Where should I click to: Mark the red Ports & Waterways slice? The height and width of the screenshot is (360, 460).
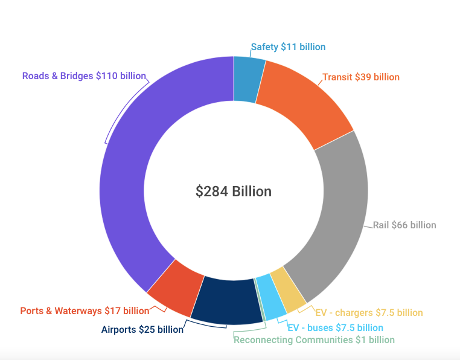(x=176, y=286)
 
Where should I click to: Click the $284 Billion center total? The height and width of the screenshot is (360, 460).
(x=233, y=191)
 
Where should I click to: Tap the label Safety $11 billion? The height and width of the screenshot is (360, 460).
(x=288, y=47)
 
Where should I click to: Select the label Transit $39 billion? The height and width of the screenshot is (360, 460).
(x=360, y=77)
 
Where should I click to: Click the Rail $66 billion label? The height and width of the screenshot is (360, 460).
(x=404, y=225)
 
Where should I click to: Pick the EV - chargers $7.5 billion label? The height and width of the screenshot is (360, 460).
(x=369, y=313)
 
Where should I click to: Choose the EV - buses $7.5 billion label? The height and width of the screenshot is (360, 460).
(x=335, y=328)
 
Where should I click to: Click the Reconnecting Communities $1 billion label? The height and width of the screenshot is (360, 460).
(x=314, y=340)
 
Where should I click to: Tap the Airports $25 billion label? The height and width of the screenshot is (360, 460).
(x=142, y=330)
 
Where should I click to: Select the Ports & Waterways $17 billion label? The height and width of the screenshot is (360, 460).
(x=85, y=311)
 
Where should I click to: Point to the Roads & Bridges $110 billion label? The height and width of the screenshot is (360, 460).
(x=84, y=76)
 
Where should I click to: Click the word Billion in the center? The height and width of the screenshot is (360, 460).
(x=252, y=191)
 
